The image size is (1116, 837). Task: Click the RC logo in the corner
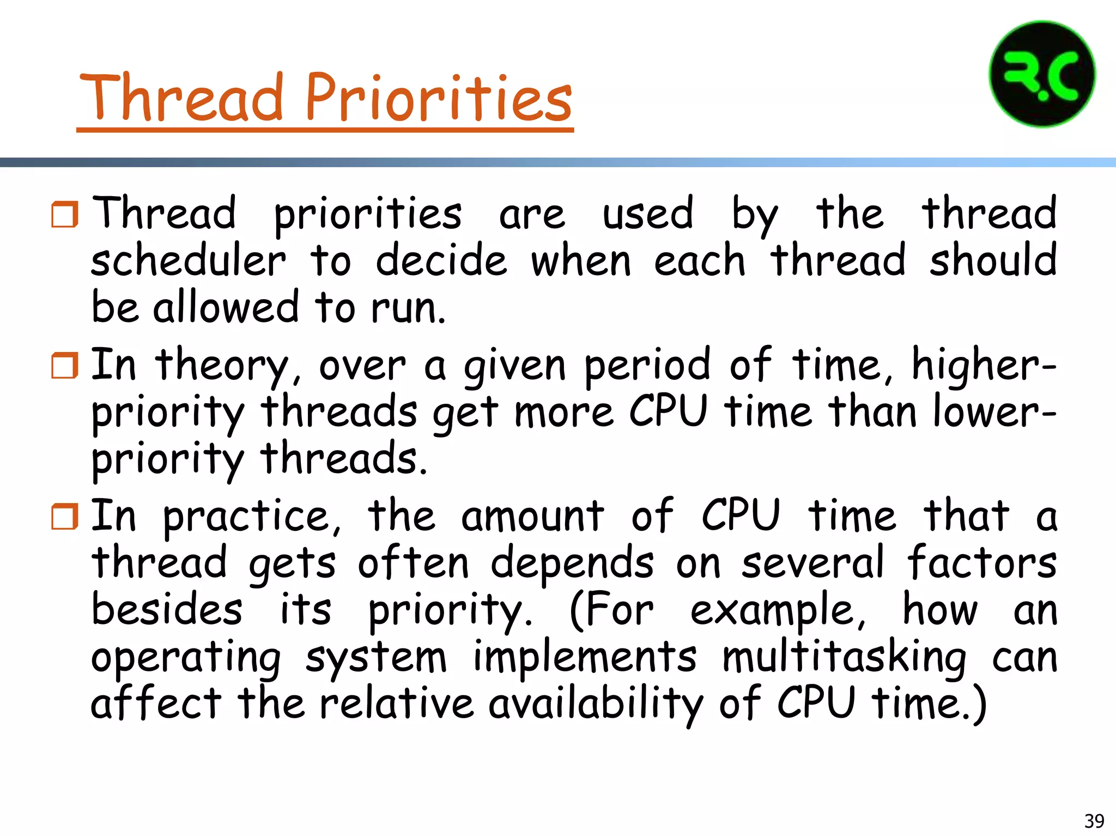coord(1042,74)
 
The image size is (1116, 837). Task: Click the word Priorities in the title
coord(438,98)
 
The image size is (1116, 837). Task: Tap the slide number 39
coord(1094,821)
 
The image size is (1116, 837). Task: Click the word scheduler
coord(188,260)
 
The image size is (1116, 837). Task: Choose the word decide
coord(441,260)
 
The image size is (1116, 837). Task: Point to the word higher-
coord(984,365)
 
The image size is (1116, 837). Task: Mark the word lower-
coord(995,412)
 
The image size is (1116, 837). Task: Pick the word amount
coord(532,517)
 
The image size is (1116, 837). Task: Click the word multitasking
coord(844,657)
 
